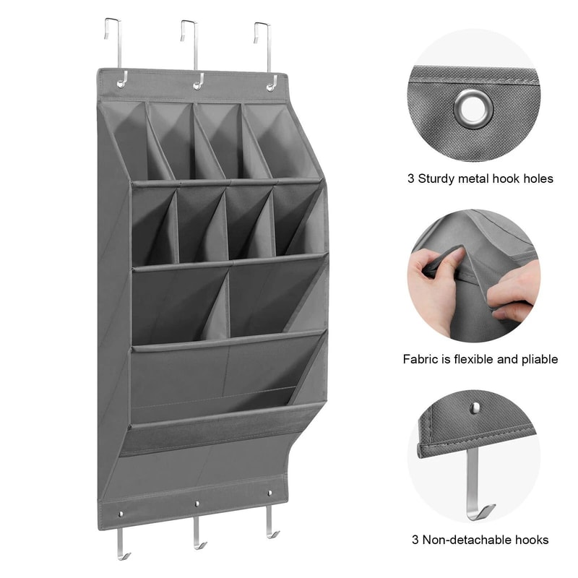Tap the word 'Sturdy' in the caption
(440, 178)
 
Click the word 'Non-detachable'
(469, 540)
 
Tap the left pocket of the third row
(177, 303)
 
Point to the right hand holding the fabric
(517, 293)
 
